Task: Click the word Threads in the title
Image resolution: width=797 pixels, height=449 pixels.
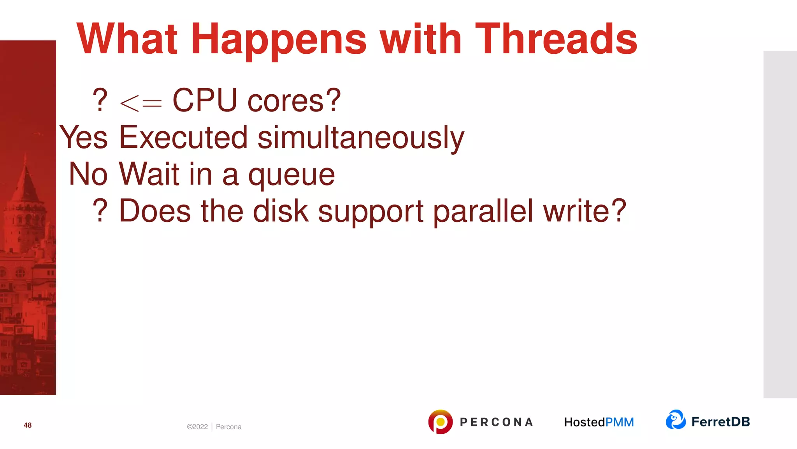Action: [x=556, y=39]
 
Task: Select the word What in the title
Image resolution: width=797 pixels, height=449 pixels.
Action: [x=127, y=39]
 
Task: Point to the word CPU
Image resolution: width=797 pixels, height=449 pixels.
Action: [x=205, y=101]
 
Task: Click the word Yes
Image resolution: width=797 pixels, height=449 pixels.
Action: [x=83, y=137]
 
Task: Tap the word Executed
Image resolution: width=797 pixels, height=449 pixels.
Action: [x=183, y=137]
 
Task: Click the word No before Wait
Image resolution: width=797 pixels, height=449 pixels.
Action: [x=88, y=174]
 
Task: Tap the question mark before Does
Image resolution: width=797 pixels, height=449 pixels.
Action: [x=100, y=210]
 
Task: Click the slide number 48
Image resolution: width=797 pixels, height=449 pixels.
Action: [x=28, y=425]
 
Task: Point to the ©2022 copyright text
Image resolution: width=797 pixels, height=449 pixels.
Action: [x=197, y=427]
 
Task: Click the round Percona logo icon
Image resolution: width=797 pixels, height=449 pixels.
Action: [x=440, y=422]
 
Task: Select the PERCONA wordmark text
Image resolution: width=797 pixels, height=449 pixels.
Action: [x=496, y=422]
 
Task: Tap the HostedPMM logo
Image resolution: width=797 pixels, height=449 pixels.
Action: [x=599, y=422]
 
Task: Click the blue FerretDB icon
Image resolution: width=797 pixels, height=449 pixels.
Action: [x=676, y=420]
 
